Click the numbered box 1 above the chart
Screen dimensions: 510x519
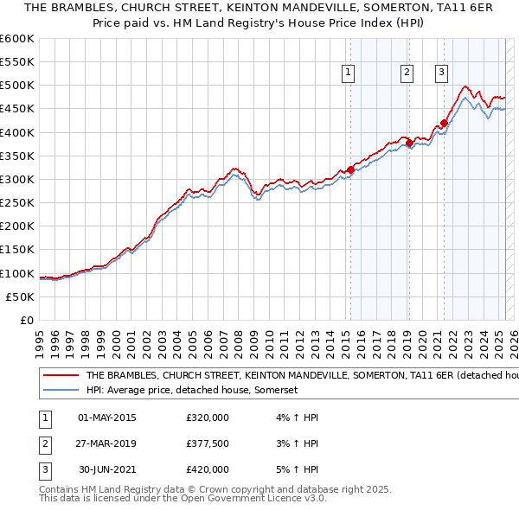(x=348, y=73)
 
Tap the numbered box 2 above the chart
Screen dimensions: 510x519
(x=407, y=73)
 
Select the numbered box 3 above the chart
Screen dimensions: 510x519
(x=441, y=73)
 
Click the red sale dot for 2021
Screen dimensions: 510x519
(x=444, y=123)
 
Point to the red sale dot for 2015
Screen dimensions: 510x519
(x=350, y=169)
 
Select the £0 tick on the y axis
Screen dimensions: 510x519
(x=26, y=320)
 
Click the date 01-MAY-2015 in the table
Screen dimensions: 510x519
(x=106, y=418)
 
